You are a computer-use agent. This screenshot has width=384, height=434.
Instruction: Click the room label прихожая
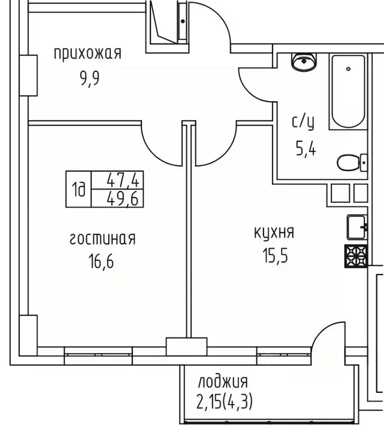pos(88,54)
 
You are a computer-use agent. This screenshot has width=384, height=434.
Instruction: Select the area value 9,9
pos(89,77)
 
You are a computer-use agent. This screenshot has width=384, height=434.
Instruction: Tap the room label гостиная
pos(102,238)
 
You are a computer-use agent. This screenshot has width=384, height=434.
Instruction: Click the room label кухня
pos(273,232)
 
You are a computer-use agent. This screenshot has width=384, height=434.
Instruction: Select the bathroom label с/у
pos(303,121)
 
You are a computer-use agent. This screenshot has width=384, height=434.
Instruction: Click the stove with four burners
pos(356,257)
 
